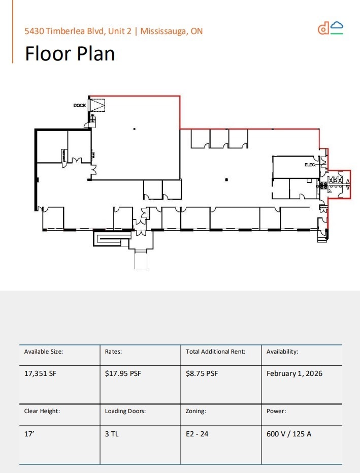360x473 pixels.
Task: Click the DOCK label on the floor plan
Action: tap(80, 105)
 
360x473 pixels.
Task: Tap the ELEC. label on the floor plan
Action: tap(310, 165)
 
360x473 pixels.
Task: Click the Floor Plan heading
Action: tap(70, 53)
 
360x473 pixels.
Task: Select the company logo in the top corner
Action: tap(331, 28)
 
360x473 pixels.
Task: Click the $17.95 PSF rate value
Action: tap(123, 373)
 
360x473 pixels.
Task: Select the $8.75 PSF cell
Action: tap(202, 373)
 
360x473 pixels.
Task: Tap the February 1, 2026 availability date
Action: tap(294, 373)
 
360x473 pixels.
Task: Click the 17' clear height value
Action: tap(28, 434)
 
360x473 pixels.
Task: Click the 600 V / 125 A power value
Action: tap(289, 434)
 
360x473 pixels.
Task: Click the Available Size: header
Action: tap(44, 351)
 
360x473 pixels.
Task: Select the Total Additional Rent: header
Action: tap(216, 351)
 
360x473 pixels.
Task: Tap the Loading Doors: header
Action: tap(125, 411)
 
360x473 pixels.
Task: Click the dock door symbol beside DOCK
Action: tap(97, 105)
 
